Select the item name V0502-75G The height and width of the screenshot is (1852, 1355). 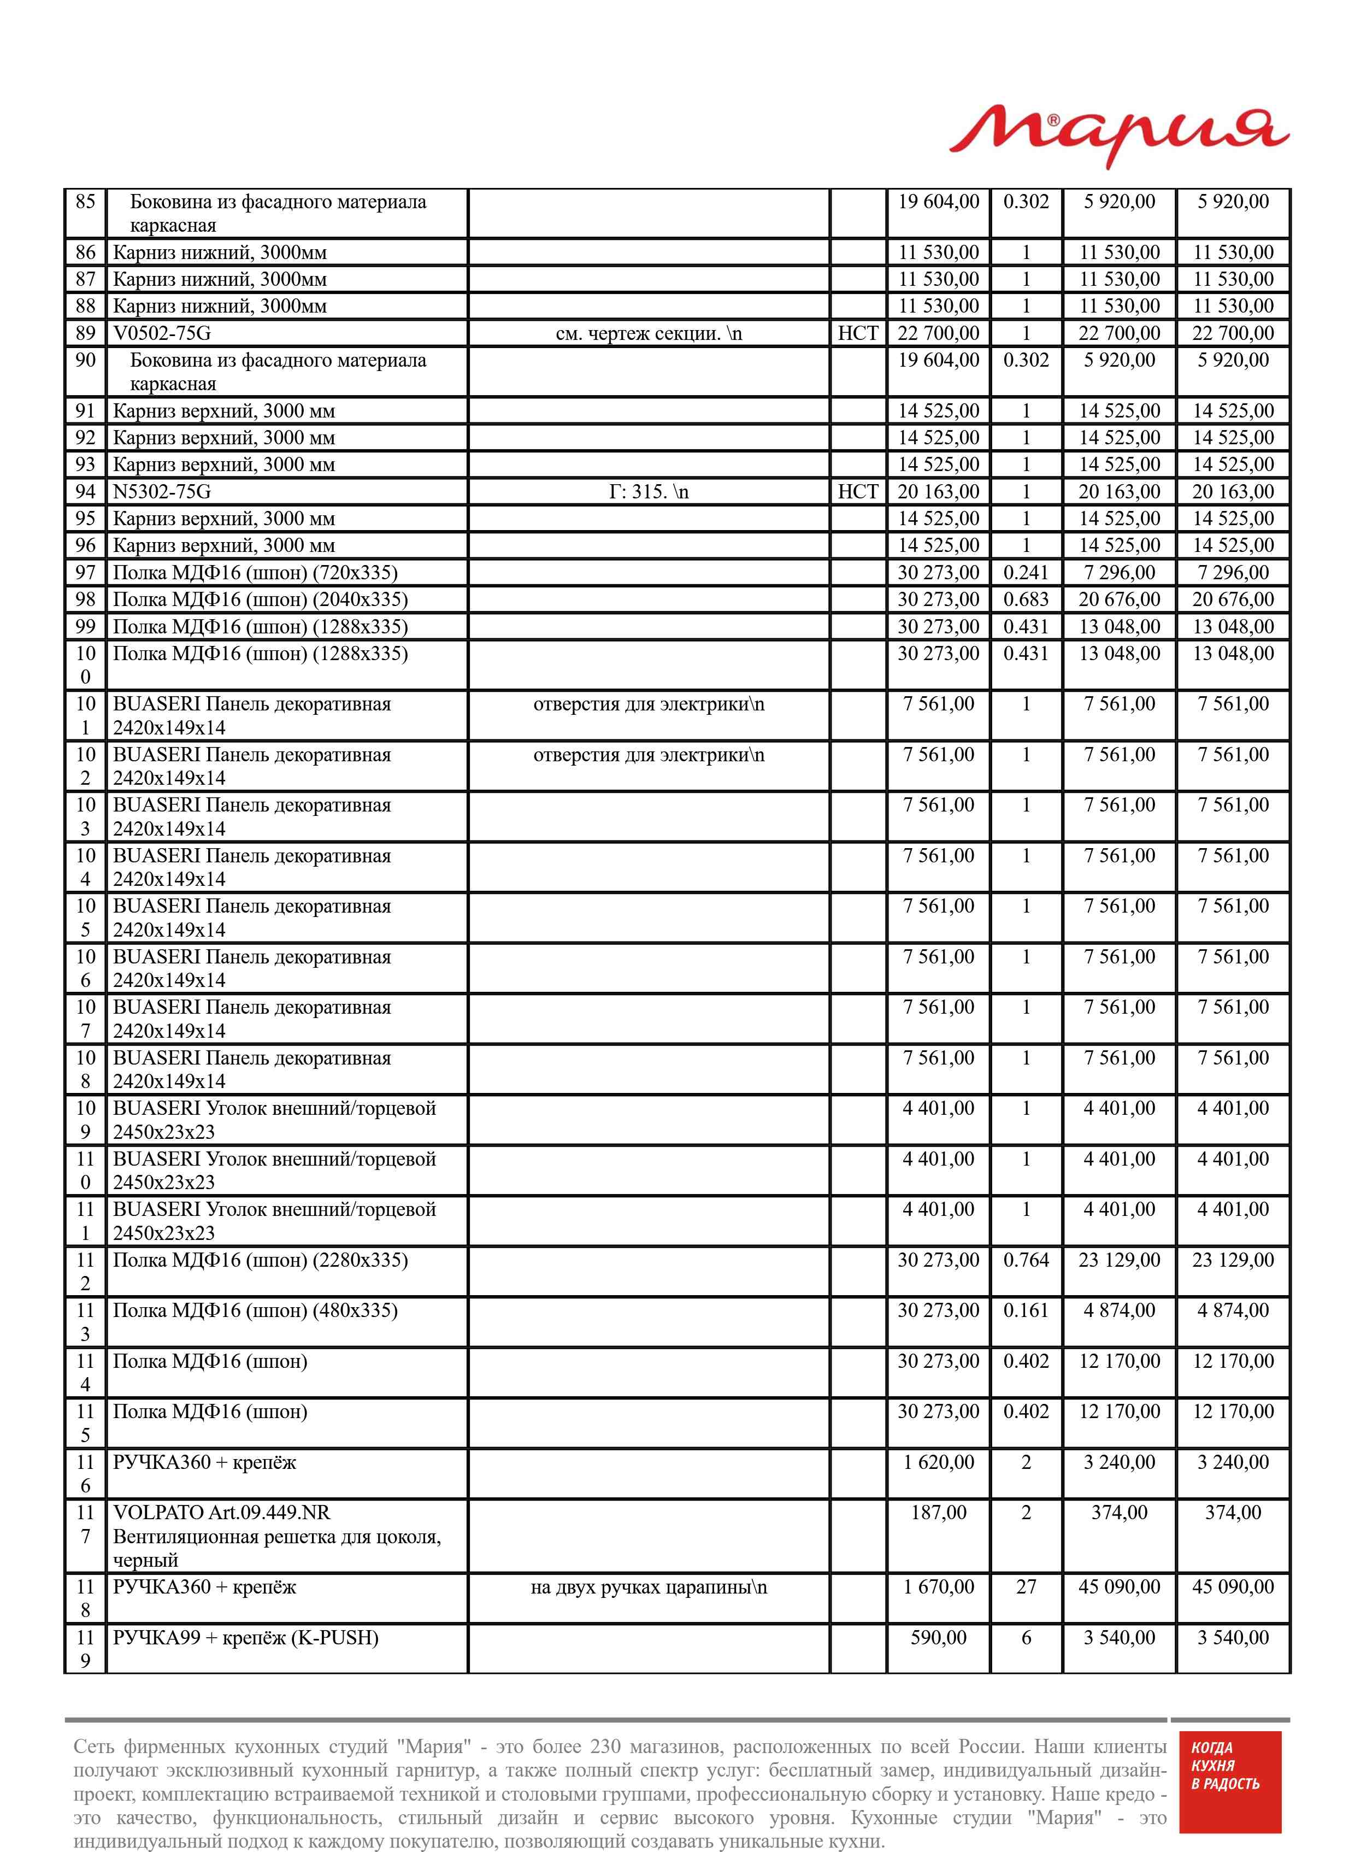tap(162, 333)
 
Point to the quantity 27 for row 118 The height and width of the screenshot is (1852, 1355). tap(1026, 1586)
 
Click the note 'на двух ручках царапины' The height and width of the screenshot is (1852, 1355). tap(648, 1587)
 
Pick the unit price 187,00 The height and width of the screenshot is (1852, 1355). tap(938, 1513)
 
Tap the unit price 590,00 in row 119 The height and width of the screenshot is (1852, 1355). tap(938, 1637)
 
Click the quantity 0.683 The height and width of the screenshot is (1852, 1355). tap(1026, 599)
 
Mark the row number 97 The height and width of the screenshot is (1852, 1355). tap(85, 573)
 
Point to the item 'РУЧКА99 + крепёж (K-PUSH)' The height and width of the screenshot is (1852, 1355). tap(245, 1638)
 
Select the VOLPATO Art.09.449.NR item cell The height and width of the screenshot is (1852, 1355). tap(276, 1536)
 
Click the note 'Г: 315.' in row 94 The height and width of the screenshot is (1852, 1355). tap(648, 492)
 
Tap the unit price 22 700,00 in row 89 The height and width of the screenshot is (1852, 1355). tap(938, 333)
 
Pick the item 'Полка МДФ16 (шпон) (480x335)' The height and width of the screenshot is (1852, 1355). tap(255, 1310)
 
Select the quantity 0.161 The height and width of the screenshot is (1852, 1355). tap(1026, 1310)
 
